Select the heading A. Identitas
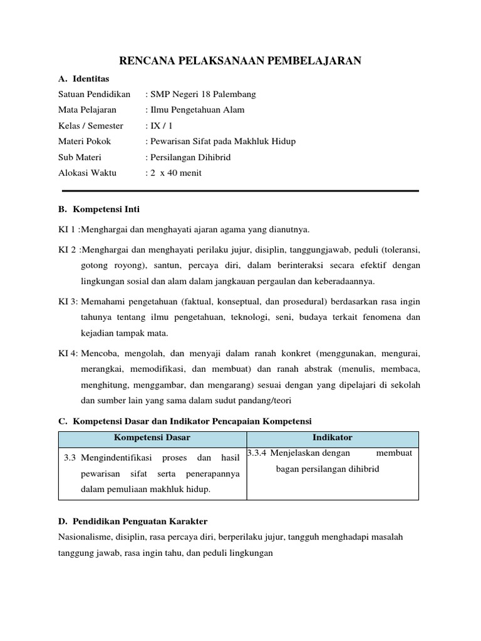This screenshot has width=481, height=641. [83, 79]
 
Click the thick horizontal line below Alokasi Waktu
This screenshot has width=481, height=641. [240, 190]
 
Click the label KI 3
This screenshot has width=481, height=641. [67, 302]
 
